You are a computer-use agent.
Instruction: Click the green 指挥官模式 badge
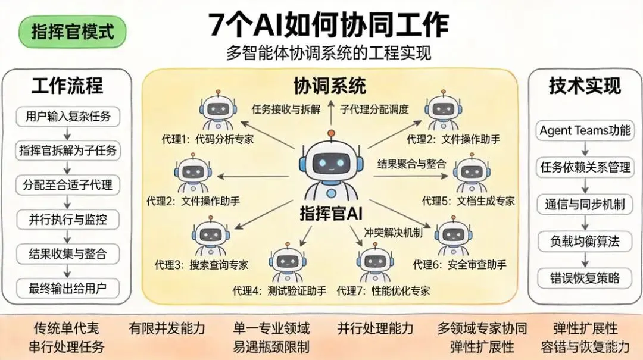pyautogui.click(x=73, y=32)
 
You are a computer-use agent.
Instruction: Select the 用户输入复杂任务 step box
pyautogui.click(x=68, y=116)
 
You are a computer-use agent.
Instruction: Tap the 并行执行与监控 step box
pyautogui.click(x=68, y=219)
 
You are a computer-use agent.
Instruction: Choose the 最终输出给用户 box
pyautogui.click(x=68, y=289)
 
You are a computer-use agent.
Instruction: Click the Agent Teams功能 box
pyautogui.click(x=585, y=130)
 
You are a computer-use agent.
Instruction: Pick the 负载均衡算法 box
pyautogui.click(x=585, y=241)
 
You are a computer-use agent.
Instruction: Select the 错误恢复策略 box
pyautogui.click(x=585, y=277)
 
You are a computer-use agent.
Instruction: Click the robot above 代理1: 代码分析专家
pyautogui.click(x=215, y=111)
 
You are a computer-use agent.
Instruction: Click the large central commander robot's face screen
pyautogui.click(x=331, y=161)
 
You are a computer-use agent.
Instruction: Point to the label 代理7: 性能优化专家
pyautogui.click(x=383, y=291)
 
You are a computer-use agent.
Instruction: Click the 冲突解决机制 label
pyautogui.click(x=394, y=232)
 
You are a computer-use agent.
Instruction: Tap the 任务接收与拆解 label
pyautogui.click(x=286, y=109)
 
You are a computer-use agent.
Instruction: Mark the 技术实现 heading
pyautogui.click(x=585, y=86)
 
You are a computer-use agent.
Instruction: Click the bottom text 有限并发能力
pyautogui.click(x=167, y=328)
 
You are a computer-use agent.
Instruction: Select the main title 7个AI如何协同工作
pyautogui.click(x=329, y=25)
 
